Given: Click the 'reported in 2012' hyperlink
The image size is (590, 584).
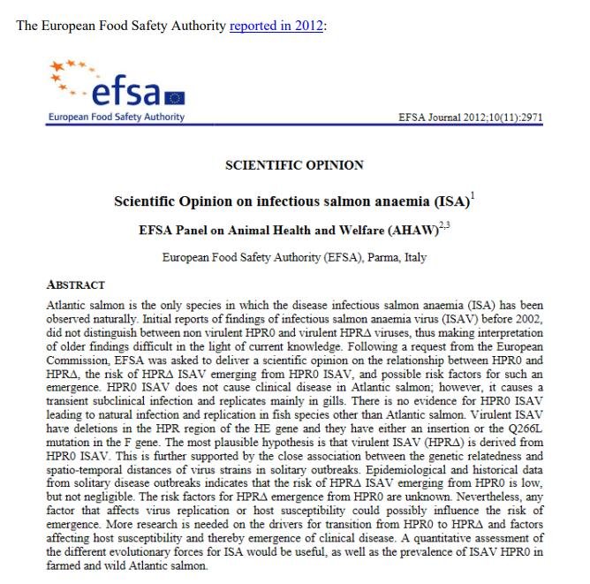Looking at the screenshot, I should click(276, 26).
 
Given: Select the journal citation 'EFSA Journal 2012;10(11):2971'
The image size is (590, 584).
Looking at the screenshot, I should click(472, 117).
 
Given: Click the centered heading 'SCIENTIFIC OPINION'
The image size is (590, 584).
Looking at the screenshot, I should click(294, 165).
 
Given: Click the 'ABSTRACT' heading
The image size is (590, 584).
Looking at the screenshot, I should click(75, 285).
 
